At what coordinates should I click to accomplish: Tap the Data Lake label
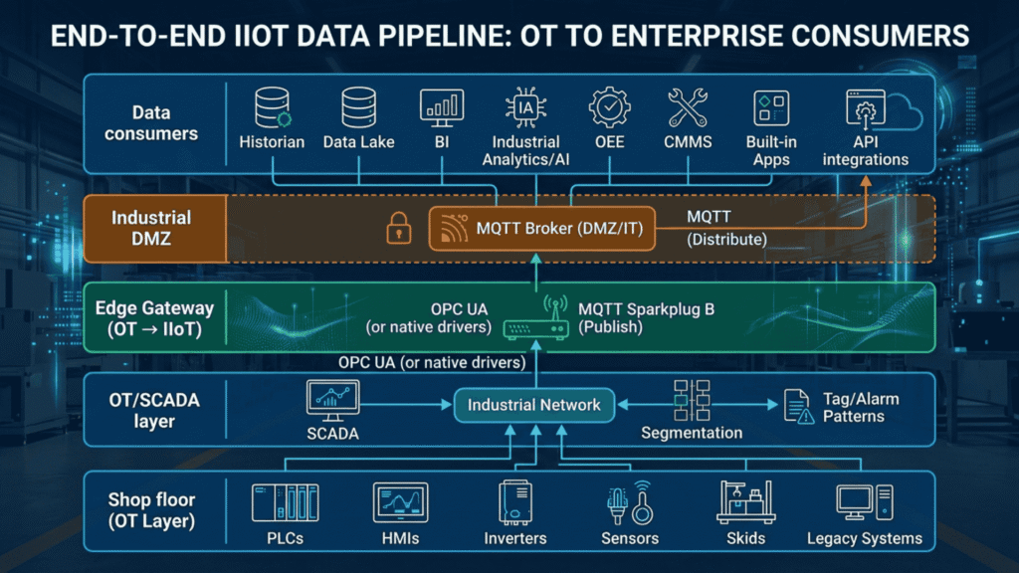pos(358,141)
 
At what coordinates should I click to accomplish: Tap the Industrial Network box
pos(533,405)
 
